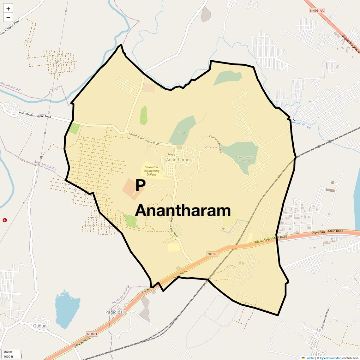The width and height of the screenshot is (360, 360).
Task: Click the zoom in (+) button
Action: point(8,9)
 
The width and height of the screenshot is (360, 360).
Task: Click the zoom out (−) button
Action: point(8,18)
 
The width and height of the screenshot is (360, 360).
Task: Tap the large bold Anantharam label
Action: point(183,211)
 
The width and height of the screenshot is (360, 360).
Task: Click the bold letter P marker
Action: point(140,186)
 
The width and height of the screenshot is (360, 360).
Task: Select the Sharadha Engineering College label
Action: point(151,171)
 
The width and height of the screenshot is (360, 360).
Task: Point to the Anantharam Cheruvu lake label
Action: point(244,159)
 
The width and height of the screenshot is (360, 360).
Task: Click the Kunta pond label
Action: point(181,133)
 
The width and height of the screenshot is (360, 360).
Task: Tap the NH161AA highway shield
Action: point(317,11)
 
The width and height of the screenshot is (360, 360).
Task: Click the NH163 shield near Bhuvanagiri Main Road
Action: point(213,254)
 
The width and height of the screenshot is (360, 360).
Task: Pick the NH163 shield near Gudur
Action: point(92,334)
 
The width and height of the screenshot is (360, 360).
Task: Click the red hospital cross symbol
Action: point(5,220)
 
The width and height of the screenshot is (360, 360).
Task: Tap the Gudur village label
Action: point(39,326)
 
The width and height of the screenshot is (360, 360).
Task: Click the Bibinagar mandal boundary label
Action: point(121,295)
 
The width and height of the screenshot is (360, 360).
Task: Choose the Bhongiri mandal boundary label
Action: point(45,165)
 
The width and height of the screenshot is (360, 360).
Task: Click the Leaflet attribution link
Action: point(310,358)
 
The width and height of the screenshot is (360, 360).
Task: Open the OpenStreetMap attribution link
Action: point(331,358)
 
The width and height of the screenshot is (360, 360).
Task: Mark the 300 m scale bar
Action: point(12,352)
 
